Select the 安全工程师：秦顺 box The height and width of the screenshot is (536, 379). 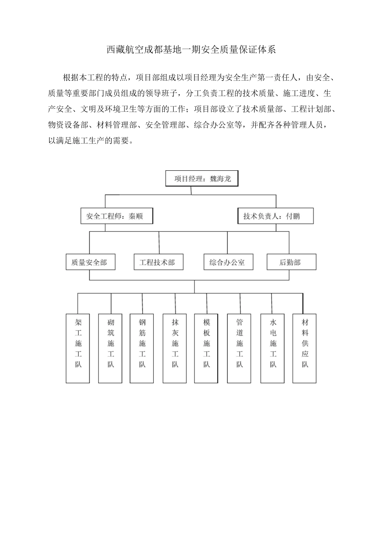[116, 216]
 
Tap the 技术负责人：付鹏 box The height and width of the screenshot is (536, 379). [275, 216]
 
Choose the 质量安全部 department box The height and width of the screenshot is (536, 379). [90, 262]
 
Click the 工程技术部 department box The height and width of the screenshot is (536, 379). [158, 262]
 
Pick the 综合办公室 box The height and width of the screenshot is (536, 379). [228, 262]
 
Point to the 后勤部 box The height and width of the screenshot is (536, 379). [291, 262]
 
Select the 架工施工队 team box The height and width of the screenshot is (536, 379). [78, 348]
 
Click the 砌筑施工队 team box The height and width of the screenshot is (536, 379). [111, 348]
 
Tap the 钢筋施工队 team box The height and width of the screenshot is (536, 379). [142, 348]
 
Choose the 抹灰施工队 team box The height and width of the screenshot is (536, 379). [175, 348]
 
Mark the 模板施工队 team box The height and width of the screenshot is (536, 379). [206, 348]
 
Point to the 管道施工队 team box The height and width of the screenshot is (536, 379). [239, 348]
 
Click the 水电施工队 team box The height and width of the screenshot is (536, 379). [272, 348]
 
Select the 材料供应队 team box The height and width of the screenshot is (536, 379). [304, 348]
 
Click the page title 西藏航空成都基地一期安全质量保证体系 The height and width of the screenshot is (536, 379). [191, 50]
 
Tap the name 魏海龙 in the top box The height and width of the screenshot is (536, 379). [220, 179]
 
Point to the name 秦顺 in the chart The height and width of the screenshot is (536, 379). [135, 216]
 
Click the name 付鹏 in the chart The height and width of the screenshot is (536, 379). [293, 216]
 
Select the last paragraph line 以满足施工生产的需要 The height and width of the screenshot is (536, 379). [90, 140]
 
